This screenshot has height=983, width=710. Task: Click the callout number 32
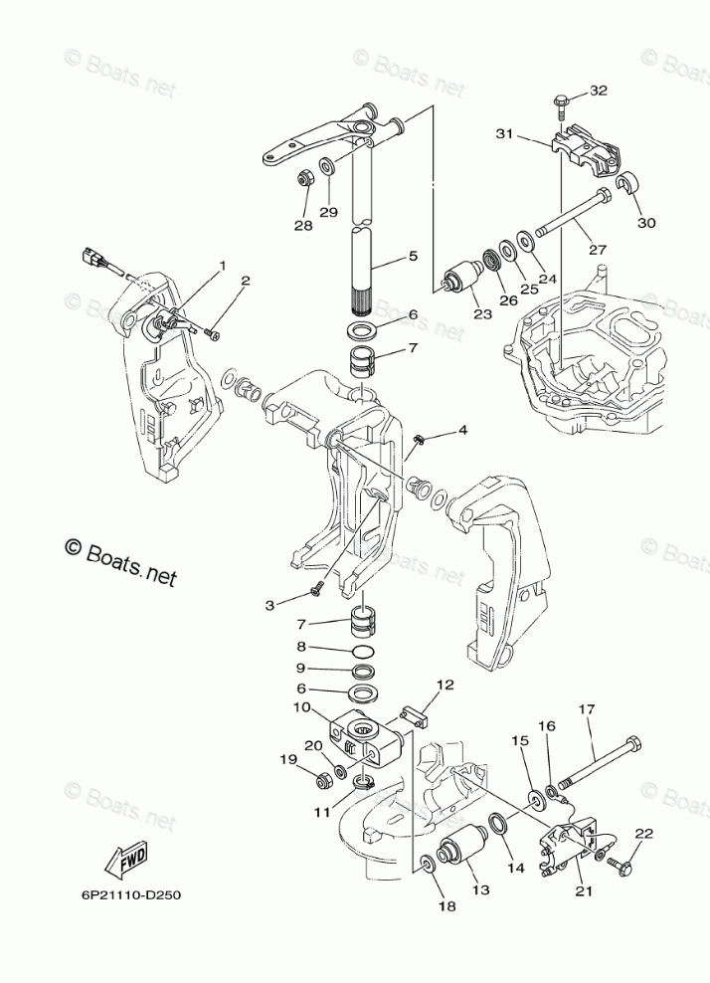point(597,91)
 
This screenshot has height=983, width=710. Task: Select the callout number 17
point(587,709)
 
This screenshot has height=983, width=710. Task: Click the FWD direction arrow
point(127,857)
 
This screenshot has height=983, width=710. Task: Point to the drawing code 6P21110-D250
point(125,893)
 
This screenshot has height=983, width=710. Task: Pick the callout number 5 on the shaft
point(413,257)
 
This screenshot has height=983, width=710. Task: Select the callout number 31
point(503,134)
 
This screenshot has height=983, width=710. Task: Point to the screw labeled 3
point(315,591)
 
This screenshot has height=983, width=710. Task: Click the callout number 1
point(223,267)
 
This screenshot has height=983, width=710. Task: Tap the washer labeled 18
point(427,862)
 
